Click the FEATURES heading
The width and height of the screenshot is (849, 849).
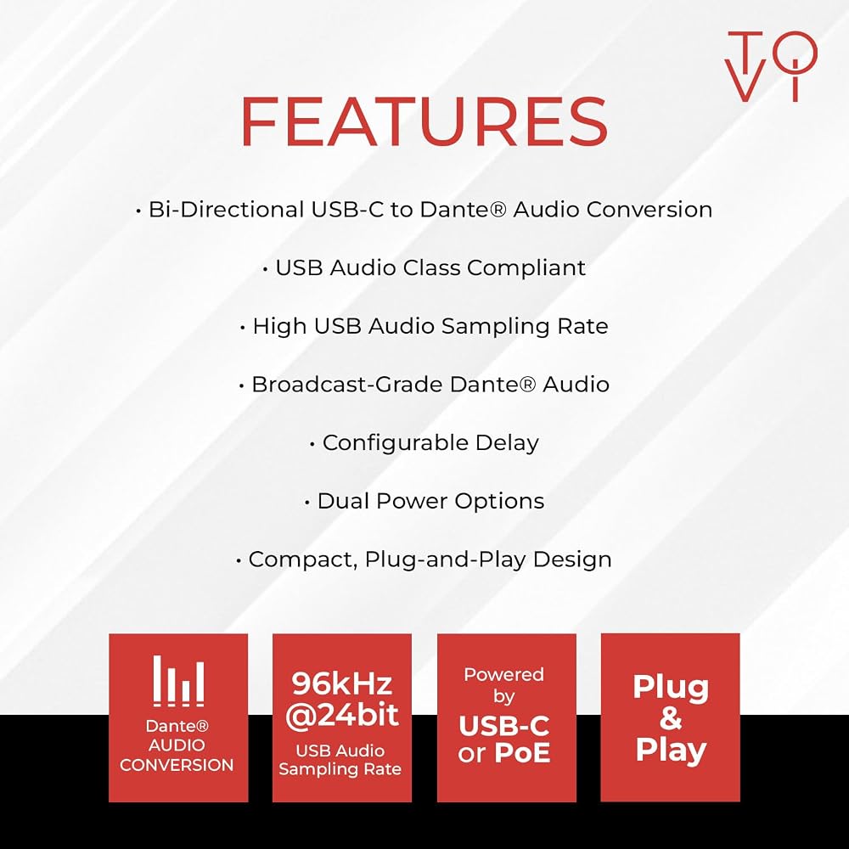point(424,121)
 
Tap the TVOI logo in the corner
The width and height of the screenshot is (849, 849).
point(771,66)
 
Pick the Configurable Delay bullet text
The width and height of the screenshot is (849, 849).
point(430,443)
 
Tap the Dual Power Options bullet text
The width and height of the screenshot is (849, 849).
point(430,501)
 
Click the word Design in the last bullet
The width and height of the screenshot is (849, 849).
point(572,559)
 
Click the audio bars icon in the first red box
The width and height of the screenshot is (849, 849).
point(178,681)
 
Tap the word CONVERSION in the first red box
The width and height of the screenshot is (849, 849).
point(177,765)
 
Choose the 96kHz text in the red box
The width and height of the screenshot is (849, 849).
point(341,683)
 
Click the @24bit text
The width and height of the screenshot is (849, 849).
point(342,715)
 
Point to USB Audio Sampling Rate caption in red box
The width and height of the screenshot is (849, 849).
point(340,760)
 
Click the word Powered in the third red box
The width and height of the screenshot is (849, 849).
point(504,674)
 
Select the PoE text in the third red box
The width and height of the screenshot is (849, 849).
point(522,752)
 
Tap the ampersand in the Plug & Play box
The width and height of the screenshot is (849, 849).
point(671,718)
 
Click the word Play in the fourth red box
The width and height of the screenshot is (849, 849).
point(671,751)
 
